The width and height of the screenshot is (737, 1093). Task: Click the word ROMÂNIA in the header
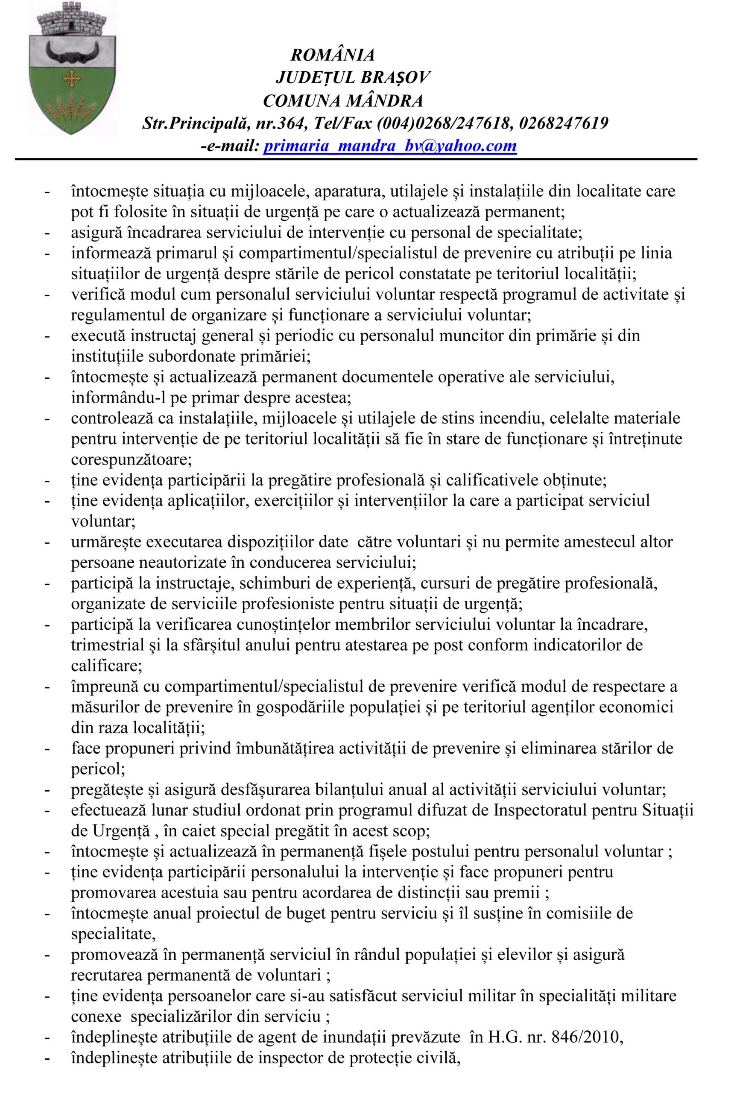[x=333, y=56]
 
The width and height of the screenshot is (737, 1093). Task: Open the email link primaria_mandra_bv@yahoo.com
[x=390, y=146]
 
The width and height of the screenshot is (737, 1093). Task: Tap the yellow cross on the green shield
[x=72, y=80]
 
